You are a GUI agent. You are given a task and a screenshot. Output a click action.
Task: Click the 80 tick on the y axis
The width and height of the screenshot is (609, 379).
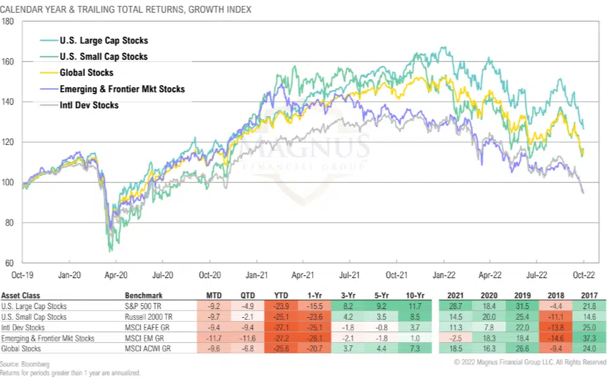10,223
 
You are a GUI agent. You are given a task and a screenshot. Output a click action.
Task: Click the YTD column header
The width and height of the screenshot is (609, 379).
280,295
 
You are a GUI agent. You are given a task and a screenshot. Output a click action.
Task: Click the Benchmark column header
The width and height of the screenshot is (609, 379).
144,295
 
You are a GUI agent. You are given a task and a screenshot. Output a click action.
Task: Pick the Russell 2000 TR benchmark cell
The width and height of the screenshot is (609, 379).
149,316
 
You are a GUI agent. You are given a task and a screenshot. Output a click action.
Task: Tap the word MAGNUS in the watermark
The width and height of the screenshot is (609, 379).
303,144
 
